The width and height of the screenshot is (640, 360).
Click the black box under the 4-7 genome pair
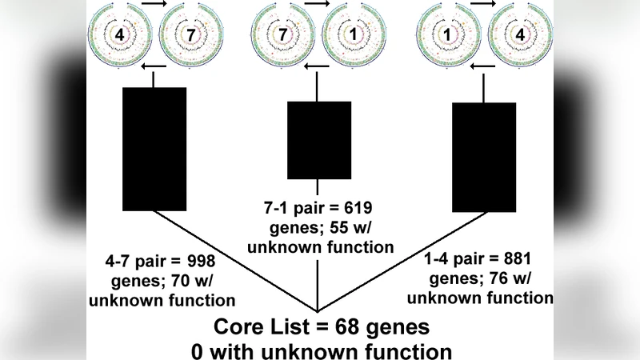[x=154, y=149]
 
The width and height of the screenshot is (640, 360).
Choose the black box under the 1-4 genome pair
[x=484, y=155]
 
